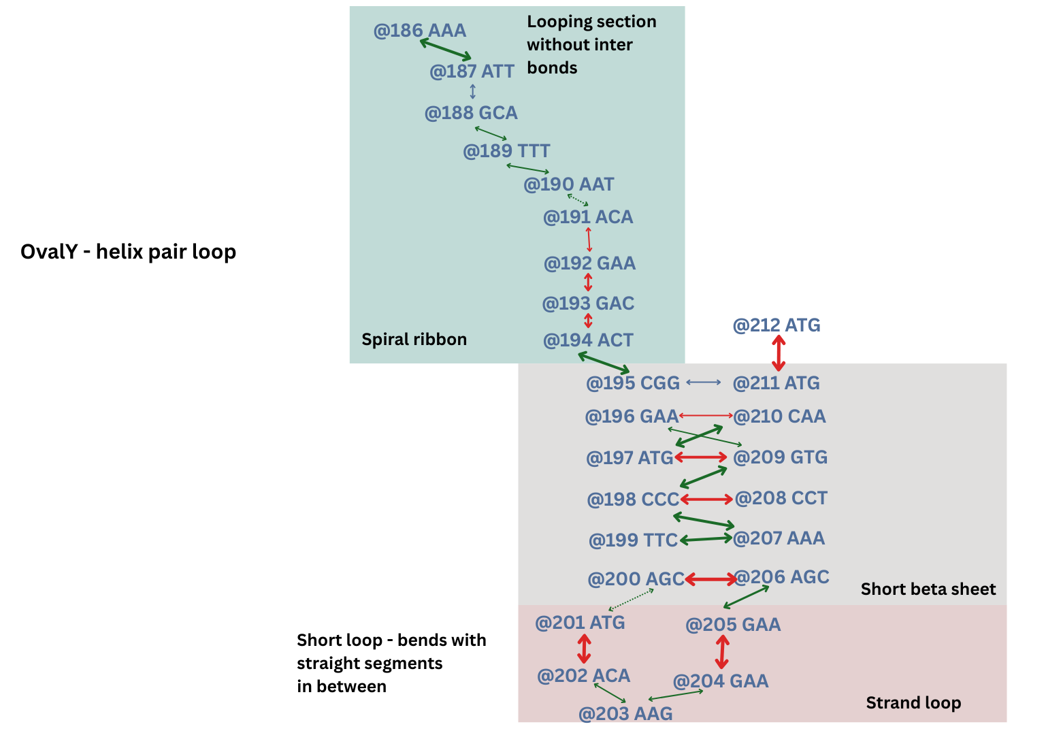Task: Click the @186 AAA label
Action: [419, 31]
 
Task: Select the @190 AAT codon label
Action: [568, 184]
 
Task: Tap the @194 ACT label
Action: [588, 340]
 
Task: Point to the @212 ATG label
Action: [776, 325]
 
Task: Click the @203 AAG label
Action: [625, 713]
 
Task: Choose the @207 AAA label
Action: [779, 538]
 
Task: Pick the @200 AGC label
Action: [636, 579]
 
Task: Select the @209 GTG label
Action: [780, 457]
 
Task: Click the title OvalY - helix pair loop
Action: [128, 252]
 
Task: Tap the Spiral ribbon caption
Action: [414, 340]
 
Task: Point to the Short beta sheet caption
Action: [928, 589]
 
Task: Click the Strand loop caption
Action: [913, 703]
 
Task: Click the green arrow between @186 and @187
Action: [445, 50]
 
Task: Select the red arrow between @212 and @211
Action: [779, 353]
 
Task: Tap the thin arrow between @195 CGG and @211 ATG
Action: [703, 382]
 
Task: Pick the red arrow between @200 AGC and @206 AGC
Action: [710, 579]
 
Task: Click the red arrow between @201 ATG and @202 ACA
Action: [584, 649]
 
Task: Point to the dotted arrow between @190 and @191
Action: [578, 200]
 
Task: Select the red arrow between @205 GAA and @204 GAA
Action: [722, 651]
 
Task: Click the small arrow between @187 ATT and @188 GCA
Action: [472, 91]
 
